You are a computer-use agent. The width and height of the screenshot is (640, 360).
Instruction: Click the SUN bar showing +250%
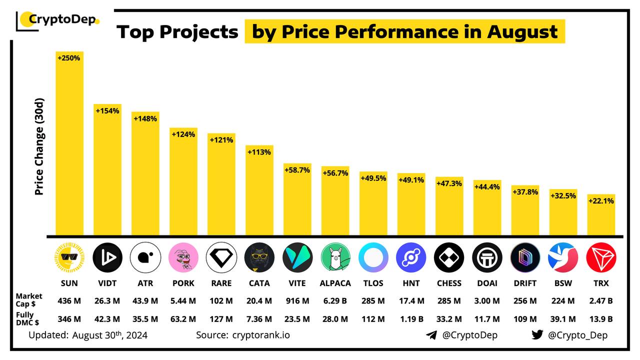69,145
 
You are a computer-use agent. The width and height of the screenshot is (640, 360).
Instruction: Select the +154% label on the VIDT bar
107,110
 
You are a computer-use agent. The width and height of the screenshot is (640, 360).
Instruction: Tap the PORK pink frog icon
183,257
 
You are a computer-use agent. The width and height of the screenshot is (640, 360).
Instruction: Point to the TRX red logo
601,257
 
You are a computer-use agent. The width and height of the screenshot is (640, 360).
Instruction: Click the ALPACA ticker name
335,283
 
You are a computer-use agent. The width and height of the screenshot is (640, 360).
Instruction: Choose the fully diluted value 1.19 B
411,318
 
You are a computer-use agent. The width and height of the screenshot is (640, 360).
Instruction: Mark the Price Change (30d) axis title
39,146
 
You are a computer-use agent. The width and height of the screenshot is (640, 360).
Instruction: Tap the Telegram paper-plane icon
431,335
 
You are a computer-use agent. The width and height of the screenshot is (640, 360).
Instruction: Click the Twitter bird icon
537,335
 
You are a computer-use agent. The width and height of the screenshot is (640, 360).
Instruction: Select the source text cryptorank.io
260,335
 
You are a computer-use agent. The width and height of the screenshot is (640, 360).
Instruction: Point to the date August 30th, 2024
109,335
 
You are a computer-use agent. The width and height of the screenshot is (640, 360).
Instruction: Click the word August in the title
522,32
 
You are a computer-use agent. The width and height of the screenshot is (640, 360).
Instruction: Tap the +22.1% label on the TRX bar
601,200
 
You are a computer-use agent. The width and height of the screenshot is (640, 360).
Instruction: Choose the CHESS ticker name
449,283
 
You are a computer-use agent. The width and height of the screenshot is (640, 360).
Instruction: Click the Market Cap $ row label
29,300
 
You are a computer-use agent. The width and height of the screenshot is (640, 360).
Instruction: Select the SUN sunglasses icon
69,257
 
